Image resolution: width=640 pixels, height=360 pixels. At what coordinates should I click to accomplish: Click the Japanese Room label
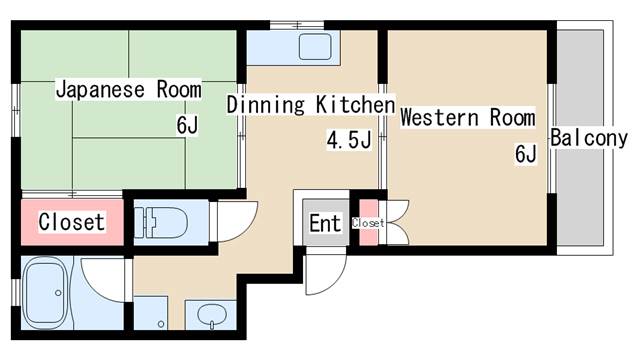click(129, 89)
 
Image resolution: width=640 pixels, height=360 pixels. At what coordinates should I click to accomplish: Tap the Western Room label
click(468, 117)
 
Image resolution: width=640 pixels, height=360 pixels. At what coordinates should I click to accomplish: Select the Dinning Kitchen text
click(311, 104)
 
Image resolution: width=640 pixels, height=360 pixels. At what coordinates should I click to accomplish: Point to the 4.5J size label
click(349, 140)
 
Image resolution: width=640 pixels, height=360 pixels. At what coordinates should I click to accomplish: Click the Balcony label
click(589, 138)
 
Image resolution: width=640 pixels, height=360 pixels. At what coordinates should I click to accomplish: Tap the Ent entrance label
click(325, 223)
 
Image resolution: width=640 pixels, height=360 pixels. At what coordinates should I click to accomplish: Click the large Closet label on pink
click(72, 222)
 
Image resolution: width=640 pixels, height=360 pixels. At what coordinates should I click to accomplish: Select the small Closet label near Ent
click(368, 223)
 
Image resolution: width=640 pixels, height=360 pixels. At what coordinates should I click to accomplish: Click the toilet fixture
click(161, 222)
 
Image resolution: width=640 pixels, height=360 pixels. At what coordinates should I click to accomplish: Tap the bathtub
click(44, 293)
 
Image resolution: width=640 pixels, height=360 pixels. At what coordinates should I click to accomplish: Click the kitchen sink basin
click(315, 47)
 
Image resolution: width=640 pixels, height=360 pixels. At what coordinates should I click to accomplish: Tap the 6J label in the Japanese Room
click(188, 125)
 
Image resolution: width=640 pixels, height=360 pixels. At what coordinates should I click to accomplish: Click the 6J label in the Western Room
click(526, 154)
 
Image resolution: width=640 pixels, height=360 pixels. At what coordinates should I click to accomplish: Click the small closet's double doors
click(397, 222)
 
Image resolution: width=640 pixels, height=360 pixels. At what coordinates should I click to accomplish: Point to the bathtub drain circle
click(58, 293)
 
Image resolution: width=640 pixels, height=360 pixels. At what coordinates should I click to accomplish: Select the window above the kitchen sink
click(297, 25)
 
